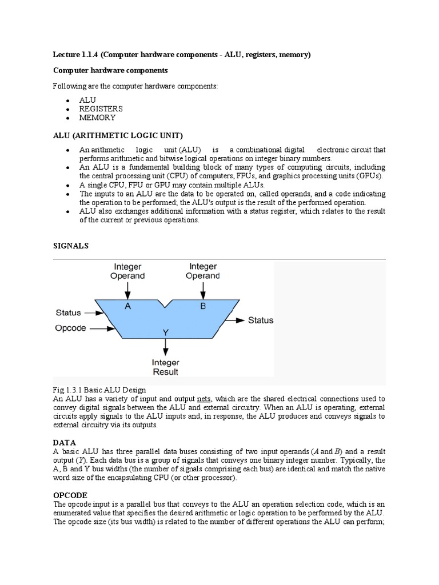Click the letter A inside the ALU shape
coord(127,306)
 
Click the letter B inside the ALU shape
coord(203,306)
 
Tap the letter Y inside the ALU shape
coord(166,332)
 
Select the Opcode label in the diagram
coord(71,328)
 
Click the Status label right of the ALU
coord(260,320)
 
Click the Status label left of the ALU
coord(68,312)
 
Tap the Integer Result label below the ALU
coord(165,367)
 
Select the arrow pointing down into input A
coord(127,290)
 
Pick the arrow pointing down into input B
coord(203,290)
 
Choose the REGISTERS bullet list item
coord(101,109)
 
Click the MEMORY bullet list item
coord(97,118)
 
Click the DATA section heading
coord(64,443)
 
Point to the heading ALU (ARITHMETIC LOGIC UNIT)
coord(118,135)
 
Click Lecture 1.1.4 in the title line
coord(75,54)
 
